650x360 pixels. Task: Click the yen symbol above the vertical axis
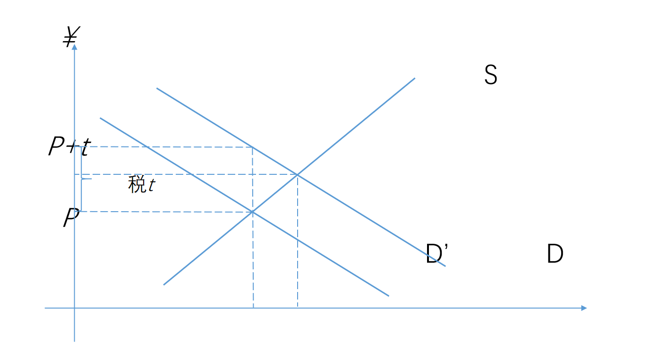tap(71, 36)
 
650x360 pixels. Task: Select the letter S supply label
tap(490, 75)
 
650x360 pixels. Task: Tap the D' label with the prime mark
tap(436, 254)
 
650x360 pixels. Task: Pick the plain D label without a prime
tap(555, 254)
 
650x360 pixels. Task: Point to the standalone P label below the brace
tap(71, 219)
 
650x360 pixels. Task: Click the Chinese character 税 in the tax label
tap(137, 185)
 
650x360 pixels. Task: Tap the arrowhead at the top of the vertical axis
tap(75, 47)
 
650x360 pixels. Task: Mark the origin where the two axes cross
tap(75, 308)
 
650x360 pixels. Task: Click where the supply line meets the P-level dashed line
tap(253, 212)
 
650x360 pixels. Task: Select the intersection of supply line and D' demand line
tap(297, 174)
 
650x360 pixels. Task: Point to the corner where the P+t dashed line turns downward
tap(252, 147)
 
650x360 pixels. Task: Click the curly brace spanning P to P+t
tap(82, 179)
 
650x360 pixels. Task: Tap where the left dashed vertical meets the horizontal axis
tap(253, 308)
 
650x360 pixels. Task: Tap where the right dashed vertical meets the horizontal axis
tap(298, 308)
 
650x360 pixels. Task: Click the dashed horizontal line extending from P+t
tap(165, 147)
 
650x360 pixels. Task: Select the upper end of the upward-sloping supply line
tap(414, 78)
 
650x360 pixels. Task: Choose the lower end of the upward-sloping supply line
tap(164, 284)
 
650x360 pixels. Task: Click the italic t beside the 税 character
tap(151, 186)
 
